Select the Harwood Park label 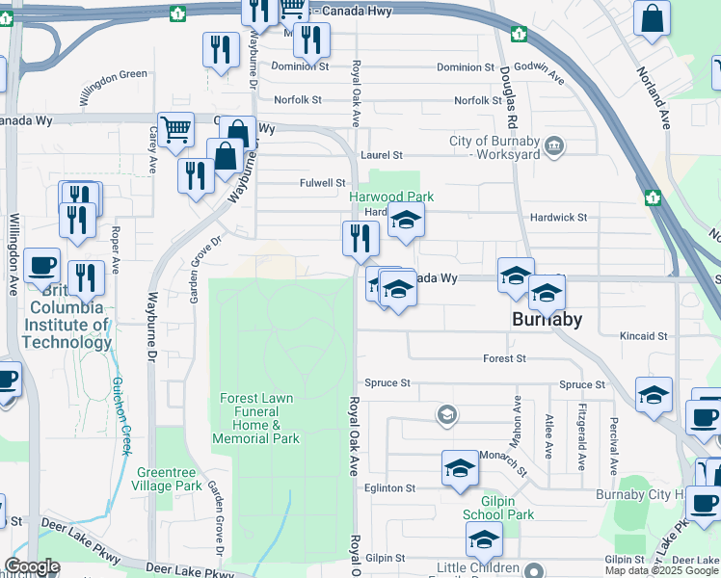391,197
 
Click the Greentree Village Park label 170,479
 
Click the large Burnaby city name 547,319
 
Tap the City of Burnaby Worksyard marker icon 554,146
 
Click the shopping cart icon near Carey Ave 175,128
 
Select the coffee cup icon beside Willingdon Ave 42,265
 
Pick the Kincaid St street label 644,336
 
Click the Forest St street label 505,358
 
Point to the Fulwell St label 322,182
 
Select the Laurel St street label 381,154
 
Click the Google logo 33,566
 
